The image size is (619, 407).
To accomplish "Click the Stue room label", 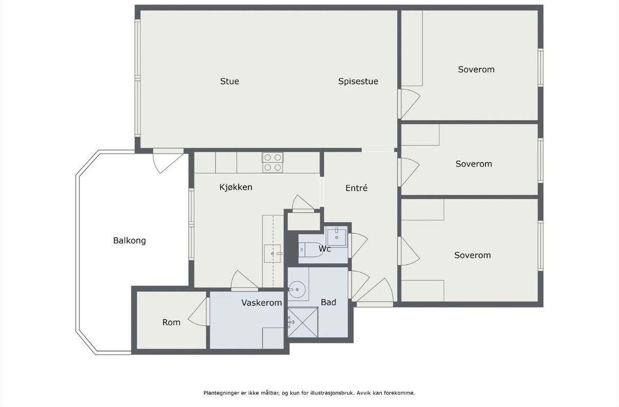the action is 229,81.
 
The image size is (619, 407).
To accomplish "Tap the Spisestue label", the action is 358,81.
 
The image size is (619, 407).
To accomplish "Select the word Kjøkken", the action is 236,187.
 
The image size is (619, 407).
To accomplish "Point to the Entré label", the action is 357,188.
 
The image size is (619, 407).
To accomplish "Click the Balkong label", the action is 129,240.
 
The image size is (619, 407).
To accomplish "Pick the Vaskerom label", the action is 261,303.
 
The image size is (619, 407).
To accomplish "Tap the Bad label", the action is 328,302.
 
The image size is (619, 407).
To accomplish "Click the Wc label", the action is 324,249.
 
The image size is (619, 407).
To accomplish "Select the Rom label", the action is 171,322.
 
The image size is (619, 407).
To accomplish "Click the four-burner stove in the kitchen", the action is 273,163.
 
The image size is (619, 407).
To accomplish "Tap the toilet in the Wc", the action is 311,249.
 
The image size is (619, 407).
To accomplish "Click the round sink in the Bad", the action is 297,289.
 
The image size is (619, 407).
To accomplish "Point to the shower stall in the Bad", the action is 303,322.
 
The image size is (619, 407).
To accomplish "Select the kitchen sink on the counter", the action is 273,254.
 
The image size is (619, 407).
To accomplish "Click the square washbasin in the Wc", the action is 336,236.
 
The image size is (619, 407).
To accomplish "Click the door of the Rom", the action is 197,312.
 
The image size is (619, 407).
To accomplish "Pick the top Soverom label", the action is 476,69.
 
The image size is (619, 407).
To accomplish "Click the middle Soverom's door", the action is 409,172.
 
